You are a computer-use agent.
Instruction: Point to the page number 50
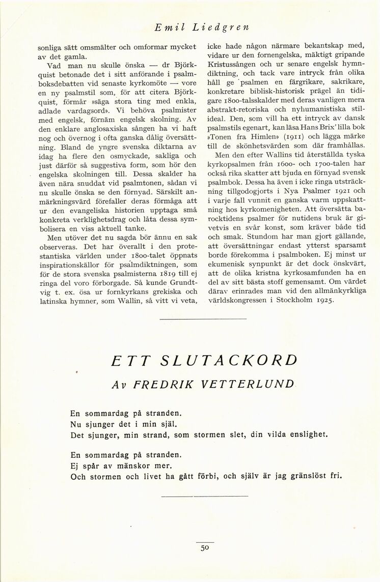pos(205,548)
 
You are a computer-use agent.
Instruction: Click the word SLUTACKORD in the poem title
pos(229,360)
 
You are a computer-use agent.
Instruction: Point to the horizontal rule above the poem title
pos(203,319)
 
